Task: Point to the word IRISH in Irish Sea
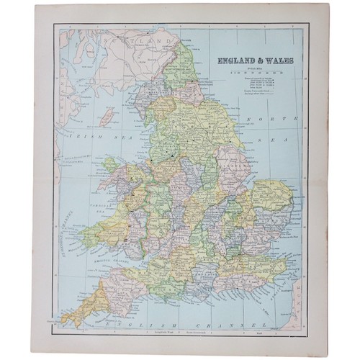click(75, 135)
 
